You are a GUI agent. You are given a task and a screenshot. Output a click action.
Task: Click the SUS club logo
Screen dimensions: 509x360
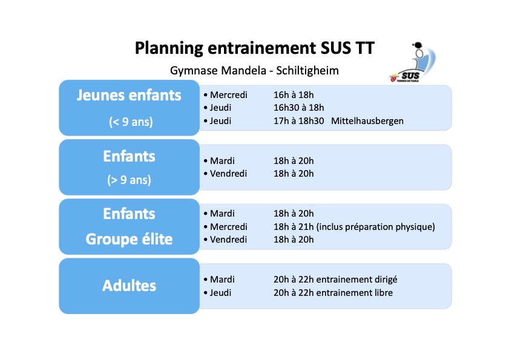(x=413, y=62)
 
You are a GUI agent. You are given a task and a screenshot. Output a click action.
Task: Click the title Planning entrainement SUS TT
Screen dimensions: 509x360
(x=254, y=48)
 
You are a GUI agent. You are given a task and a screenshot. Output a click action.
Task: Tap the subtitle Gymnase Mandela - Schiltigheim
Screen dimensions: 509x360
(x=254, y=70)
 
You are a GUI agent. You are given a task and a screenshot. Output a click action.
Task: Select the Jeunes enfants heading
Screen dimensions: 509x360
(x=129, y=95)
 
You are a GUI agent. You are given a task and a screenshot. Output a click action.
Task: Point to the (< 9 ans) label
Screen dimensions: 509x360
(x=131, y=122)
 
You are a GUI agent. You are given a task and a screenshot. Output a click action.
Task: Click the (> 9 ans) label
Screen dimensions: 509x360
(x=129, y=180)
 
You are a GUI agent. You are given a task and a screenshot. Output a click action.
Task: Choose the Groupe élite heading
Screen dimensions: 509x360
(x=129, y=239)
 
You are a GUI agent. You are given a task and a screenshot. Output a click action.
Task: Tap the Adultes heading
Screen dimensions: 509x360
(x=129, y=286)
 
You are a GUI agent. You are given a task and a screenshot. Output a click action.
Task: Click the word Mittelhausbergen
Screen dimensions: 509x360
(x=367, y=121)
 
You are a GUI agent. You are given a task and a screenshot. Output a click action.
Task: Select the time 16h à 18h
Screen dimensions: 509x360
(x=294, y=95)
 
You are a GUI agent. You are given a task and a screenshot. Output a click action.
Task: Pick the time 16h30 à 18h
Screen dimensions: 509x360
(x=298, y=108)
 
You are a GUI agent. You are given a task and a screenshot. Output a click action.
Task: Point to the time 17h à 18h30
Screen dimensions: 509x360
(x=298, y=121)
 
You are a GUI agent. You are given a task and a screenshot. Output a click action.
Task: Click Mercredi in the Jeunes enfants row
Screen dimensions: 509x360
(x=229, y=95)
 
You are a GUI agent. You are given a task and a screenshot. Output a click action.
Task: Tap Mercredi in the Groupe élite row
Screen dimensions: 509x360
(x=229, y=226)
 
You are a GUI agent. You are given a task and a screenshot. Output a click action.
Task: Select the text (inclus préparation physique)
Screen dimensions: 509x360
(x=376, y=226)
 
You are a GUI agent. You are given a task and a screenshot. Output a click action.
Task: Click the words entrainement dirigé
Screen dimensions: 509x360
(x=356, y=280)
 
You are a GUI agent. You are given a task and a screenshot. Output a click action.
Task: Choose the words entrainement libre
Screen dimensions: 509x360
(x=355, y=293)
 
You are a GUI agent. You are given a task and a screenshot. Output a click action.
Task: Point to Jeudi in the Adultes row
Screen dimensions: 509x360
(x=220, y=293)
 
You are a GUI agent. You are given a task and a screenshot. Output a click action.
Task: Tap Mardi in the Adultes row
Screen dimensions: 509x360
(x=222, y=280)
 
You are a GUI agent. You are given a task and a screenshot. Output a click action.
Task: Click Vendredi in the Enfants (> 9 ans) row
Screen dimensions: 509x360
(x=228, y=174)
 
